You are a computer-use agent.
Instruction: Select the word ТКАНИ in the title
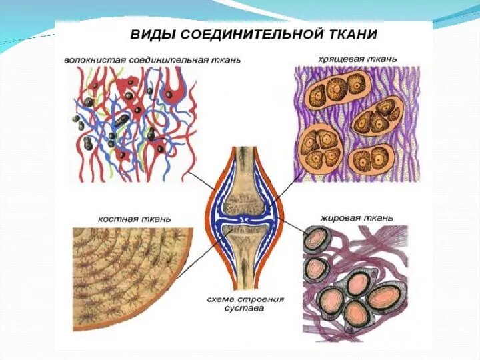tap(354, 34)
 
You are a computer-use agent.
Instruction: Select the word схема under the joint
tap(224, 299)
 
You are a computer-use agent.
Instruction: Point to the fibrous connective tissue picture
tap(134, 123)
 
